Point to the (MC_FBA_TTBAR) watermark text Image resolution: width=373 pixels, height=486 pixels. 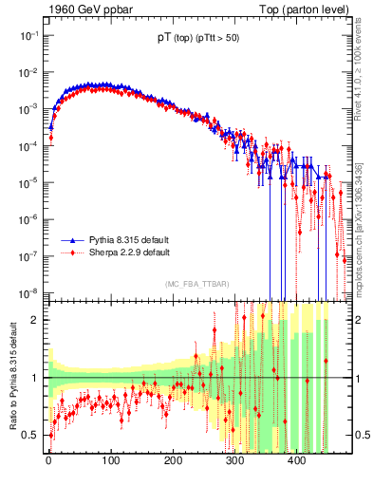pyautogui.click(x=197, y=284)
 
